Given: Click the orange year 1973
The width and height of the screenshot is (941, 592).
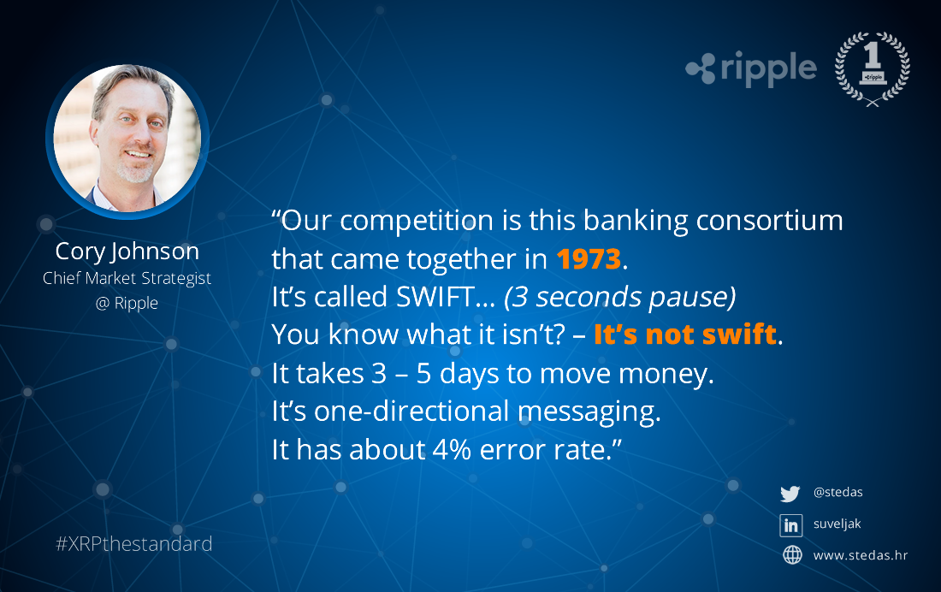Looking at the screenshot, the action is [589, 258].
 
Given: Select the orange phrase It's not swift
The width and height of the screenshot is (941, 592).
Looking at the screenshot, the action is [684, 334].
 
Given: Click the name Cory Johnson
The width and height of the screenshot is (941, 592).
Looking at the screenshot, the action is [127, 252].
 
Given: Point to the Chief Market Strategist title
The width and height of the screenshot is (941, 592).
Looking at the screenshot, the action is [127, 278].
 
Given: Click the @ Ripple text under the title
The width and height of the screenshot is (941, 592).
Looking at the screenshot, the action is [127, 303].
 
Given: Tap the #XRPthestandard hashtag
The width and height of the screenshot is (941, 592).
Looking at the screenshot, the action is [133, 543].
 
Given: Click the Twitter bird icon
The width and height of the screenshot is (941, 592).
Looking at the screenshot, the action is [790, 494].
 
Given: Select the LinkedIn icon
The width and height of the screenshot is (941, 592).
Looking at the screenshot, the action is [791, 525].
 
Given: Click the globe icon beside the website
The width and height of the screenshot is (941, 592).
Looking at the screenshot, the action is [792, 554].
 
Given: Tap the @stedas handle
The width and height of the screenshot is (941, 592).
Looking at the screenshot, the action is [837, 492].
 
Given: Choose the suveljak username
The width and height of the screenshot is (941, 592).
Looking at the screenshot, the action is [837, 524].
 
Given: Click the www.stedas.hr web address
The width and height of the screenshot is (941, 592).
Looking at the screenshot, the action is [861, 555].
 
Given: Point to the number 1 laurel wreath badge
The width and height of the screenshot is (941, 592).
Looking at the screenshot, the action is [873, 68].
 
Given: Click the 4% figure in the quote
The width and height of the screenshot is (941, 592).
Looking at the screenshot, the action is [452, 450].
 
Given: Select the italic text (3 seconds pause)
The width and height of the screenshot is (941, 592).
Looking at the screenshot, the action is [620, 297].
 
